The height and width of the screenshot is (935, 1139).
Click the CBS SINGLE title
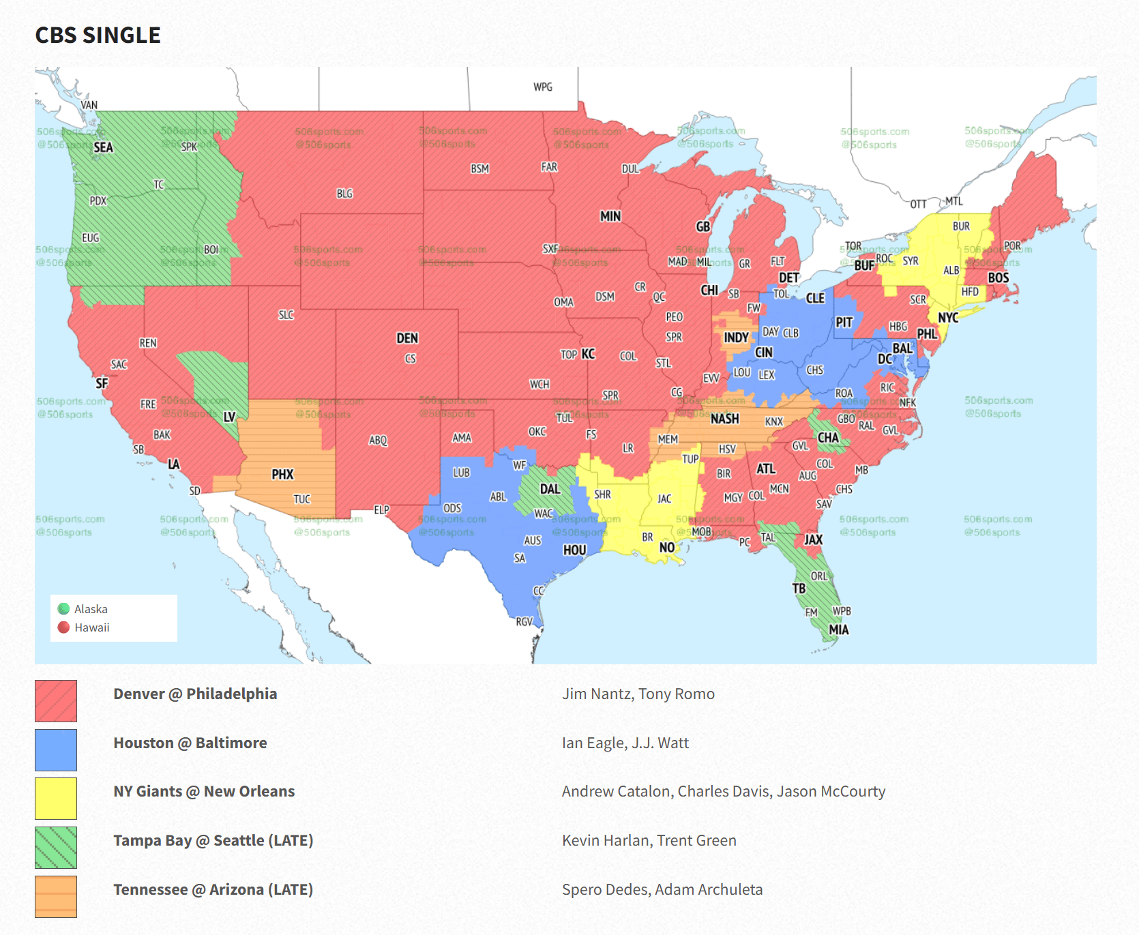point(98,35)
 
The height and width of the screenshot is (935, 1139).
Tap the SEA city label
point(103,147)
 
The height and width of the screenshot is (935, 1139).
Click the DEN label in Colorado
point(407,338)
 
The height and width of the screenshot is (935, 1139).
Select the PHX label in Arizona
point(282,475)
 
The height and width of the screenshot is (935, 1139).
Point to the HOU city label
point(574,550)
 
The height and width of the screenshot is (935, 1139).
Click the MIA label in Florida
point(838,629)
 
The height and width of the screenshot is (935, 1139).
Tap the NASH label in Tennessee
point(724,419)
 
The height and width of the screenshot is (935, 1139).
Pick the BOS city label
point(998,278)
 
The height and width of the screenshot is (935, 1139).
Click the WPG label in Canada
point(543,87)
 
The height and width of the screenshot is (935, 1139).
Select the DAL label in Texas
point(550,489)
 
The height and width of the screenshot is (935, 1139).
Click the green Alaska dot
point(64,608)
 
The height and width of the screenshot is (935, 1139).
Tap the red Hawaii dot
point(64,627)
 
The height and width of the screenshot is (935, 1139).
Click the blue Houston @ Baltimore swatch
point(56,750)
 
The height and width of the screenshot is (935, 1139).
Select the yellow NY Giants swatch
point(56,798)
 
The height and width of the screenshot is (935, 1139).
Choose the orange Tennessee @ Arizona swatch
point(56,896)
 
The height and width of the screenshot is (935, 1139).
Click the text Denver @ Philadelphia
point(195,694)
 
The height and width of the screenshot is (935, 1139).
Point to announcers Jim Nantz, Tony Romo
point(638,694)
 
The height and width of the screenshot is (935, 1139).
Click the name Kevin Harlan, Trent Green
point(649,840)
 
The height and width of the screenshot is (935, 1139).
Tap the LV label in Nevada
point(229,416)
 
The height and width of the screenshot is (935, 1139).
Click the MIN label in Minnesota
point(610,216)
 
